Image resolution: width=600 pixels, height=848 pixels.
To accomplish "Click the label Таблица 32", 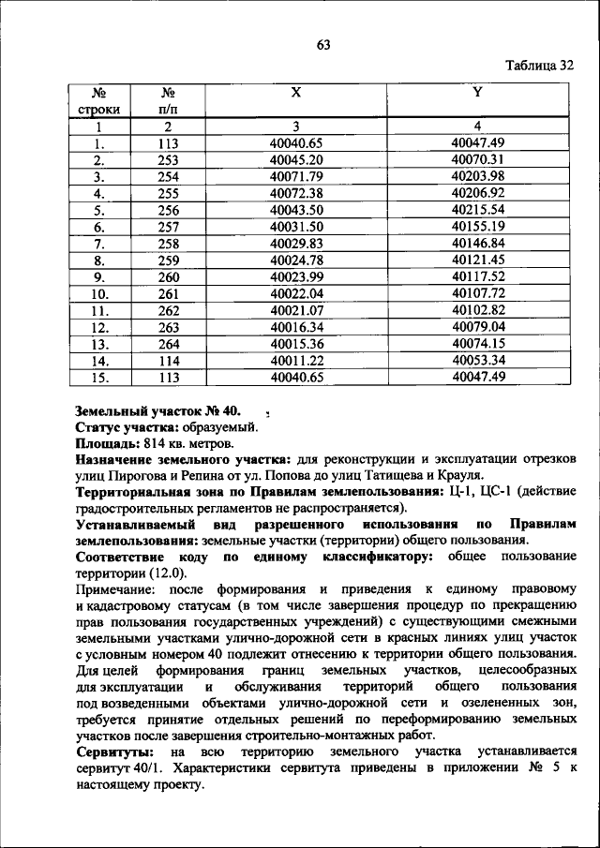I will [x=539, y=66].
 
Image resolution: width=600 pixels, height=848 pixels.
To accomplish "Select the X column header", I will [x=295, y=92].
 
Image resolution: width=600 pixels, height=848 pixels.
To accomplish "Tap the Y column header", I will [x=477, y=92].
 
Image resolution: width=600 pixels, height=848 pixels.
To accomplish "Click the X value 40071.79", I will [x=295, y=176].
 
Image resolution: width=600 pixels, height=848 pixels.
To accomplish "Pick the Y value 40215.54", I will [x=477, y=209].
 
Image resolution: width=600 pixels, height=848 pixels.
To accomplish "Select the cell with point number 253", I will [x=169, y=160].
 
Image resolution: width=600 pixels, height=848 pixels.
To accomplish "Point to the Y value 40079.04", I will [x=477, y=327].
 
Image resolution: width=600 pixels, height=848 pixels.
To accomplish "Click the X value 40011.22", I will [x=295, y=360].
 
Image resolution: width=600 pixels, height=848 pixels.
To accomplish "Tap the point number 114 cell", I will [x=169, y=360].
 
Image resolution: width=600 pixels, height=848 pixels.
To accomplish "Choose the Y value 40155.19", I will [x=477, y=226].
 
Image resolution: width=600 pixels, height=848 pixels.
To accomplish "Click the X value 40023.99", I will [x=295, y=276].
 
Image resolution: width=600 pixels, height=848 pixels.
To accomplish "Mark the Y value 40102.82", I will [x=477, y=310].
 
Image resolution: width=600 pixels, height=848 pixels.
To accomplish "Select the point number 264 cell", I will [x=169, y=343].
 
